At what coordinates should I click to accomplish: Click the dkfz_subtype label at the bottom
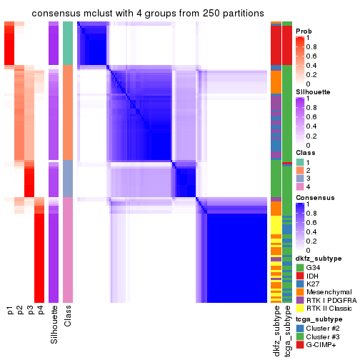click(276, 331)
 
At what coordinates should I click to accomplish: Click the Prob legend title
click(304, 31)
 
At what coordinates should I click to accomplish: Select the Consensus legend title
click(315, 197)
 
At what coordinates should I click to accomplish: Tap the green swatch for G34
click(301, 267)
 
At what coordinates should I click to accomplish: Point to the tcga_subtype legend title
click(318, 319)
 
